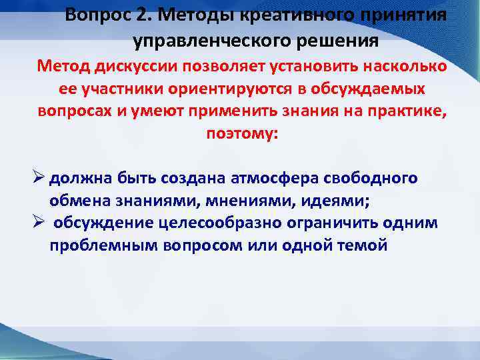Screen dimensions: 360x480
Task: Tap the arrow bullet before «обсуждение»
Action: (x=39, y=223)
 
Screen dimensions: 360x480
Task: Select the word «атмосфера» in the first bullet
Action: (x=275, y=179)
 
